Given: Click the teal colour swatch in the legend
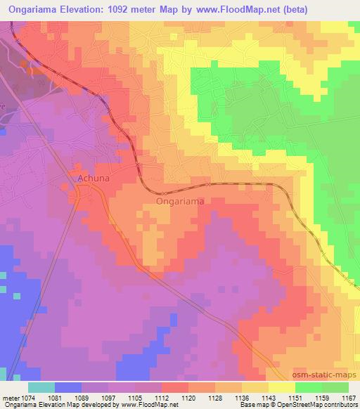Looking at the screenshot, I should [x=41, y=387].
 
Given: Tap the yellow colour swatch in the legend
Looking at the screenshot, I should [x=281, y=387].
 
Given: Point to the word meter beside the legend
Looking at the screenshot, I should [x=11, y=398].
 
